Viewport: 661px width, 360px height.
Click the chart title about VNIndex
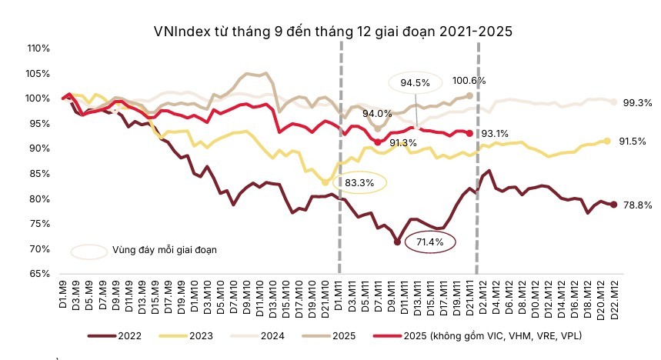(332, 32)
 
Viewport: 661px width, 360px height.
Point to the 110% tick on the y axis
(38, 48)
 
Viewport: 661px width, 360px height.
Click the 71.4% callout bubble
(431, 242)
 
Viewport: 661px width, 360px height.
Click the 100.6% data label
(469, 80)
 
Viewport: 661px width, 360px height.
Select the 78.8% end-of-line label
(636, 205)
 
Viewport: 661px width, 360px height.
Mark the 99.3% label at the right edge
(636, 102)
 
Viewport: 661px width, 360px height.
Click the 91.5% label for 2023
(636, 142)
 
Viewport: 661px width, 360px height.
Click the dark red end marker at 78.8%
(614, 205)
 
